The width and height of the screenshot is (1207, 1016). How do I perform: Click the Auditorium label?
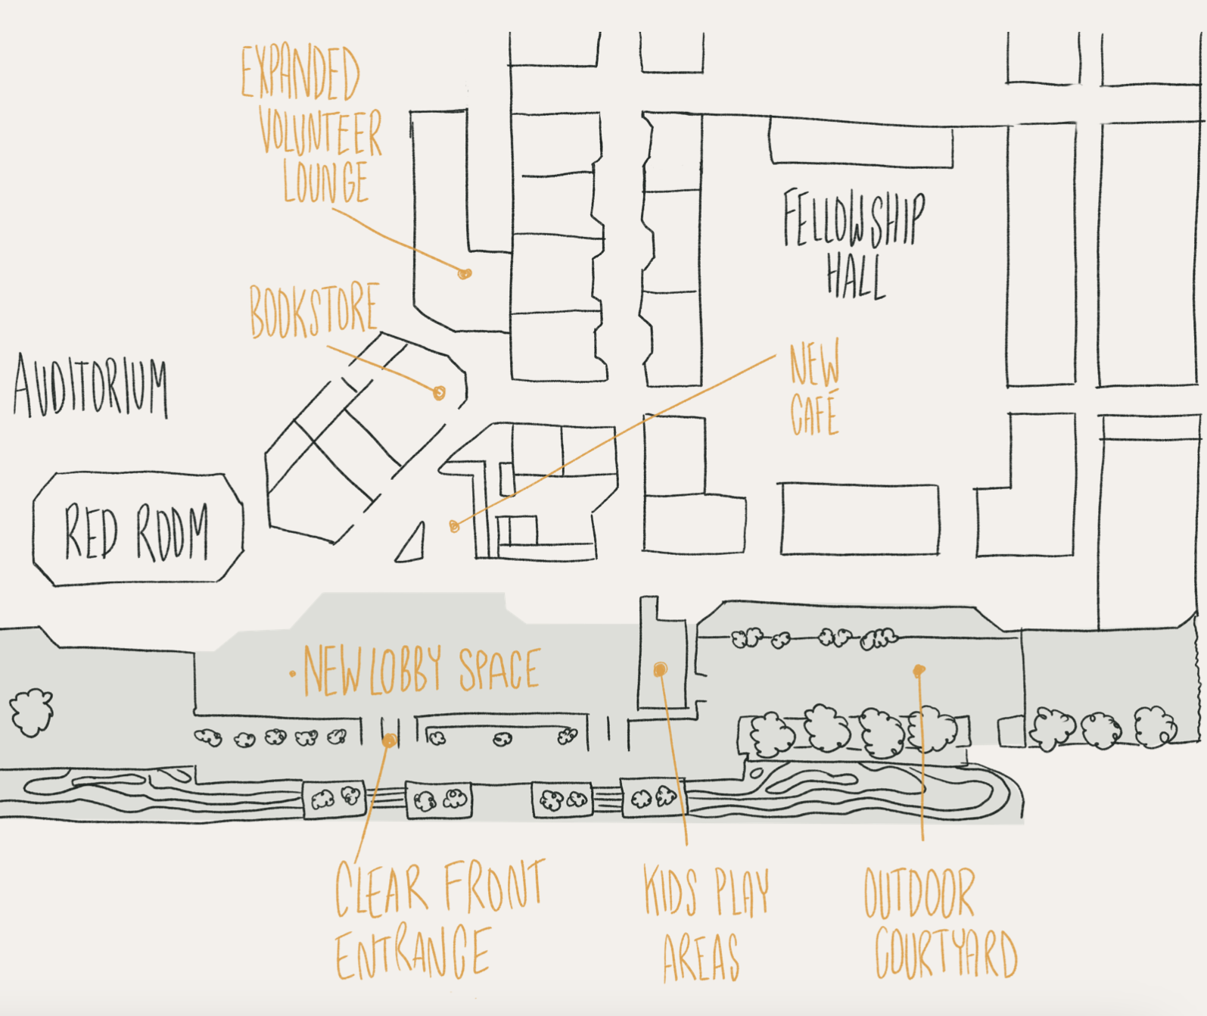click(91, 385)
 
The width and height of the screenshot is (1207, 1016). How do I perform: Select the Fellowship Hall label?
click(854, 244)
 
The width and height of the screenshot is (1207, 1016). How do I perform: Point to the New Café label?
click(815, 387)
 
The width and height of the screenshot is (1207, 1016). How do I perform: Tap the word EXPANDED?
click(300, 73)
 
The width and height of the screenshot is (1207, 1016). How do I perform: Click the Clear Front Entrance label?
click(440, 919)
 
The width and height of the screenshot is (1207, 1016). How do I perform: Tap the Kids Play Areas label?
click(705, 924)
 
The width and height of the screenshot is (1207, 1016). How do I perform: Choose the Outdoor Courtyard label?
click(941, 923)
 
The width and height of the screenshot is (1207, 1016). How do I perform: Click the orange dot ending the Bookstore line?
click(440, 393)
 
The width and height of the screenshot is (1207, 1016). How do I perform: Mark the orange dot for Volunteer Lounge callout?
click(464, 273)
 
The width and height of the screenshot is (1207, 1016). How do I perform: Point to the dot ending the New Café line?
click(454, 526)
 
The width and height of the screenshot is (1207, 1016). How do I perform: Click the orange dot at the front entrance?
click(390, 740)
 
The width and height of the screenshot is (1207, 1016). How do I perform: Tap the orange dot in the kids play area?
click(660, 669)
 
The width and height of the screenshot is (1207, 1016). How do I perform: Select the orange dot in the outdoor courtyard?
click(919, 671)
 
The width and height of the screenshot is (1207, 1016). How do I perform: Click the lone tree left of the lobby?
click(31, 712)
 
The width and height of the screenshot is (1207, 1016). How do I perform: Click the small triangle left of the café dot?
click(412, 545)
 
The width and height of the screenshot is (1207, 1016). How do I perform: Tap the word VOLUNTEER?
click(319, 132)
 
